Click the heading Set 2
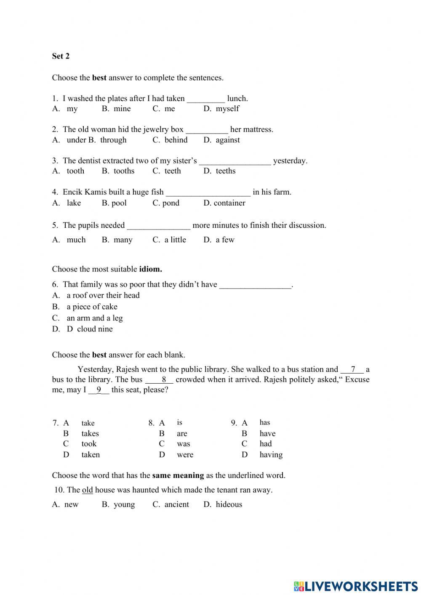click(61, 56)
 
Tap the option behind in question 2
click(176, 140)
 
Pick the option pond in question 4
click(171, 203)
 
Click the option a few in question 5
click(225, 240)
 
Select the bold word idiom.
click(150, 269)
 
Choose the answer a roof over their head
click(103, 296)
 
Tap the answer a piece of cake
click(92, 307)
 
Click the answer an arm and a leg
click(94, 318)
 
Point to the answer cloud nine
click(95, 329)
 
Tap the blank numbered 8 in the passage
click(163, 380)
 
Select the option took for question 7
click(89, 444)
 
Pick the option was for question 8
click(183, 444)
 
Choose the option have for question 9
click(267, 434)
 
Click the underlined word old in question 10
click(87, 490)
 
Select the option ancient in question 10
click(176, 504)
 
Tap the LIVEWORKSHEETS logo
click(356, 586)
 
